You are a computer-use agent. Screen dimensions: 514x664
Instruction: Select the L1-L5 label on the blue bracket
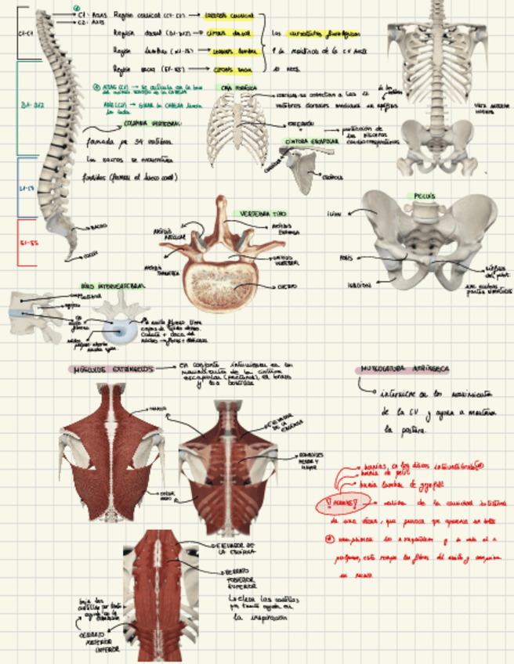tap(26, 189)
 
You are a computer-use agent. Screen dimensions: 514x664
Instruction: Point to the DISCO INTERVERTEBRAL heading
tap(114, 286)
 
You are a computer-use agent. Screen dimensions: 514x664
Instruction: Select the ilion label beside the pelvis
tap(335, 211)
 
